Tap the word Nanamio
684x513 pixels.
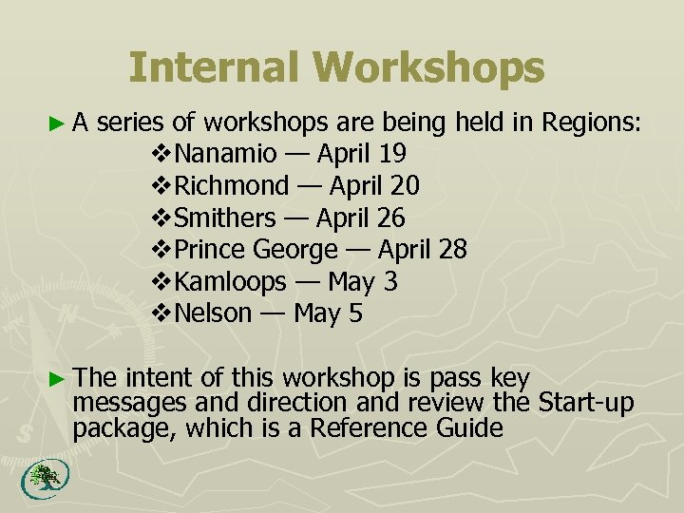click(226, 153)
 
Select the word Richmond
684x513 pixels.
click(232, 185)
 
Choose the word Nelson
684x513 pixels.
click(214, 313)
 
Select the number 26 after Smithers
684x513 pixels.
click(389, 218)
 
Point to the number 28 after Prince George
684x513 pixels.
click(451, 250)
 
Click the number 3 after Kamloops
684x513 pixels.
click(389, 282)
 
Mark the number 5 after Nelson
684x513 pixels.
click(355, 313)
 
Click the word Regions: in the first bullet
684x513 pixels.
click(592, 123)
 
